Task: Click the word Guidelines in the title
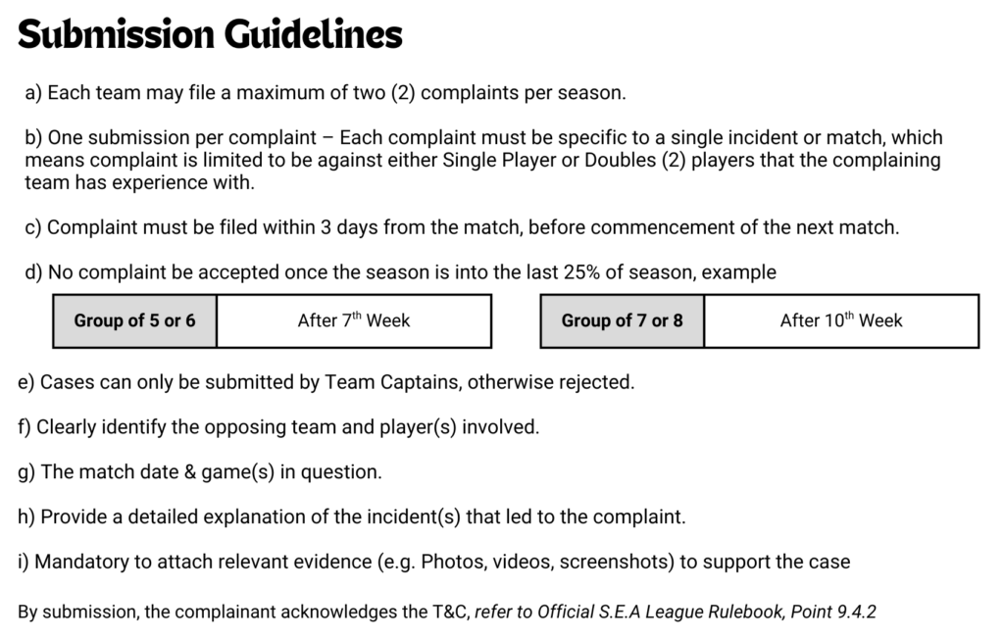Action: click(x=313, y=34)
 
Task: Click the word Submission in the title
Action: click(x=116, y=34)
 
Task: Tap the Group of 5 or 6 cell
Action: click(x=134, y=320)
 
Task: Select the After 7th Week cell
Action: click(x=354, y=320)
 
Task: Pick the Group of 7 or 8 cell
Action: click(x=623, y=320)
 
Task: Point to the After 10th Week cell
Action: click(x=841, y=320)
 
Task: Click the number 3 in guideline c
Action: click(x=326, y=227)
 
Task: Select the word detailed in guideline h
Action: click(x=163, y=517)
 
